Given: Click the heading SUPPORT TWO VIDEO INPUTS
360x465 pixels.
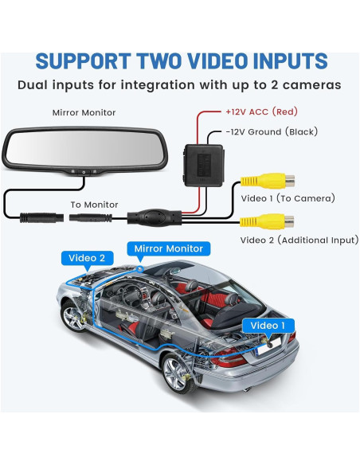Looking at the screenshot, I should click(182, 61).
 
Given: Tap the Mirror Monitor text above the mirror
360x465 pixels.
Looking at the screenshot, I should click(83, 114).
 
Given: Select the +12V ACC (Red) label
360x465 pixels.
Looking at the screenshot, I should click(261, 112).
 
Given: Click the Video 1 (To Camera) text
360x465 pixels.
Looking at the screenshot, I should click(288, 197).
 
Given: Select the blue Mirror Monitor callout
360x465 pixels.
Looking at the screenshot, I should click(169, 248).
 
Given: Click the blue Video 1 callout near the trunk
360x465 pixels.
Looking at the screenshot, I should click(267, 325).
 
